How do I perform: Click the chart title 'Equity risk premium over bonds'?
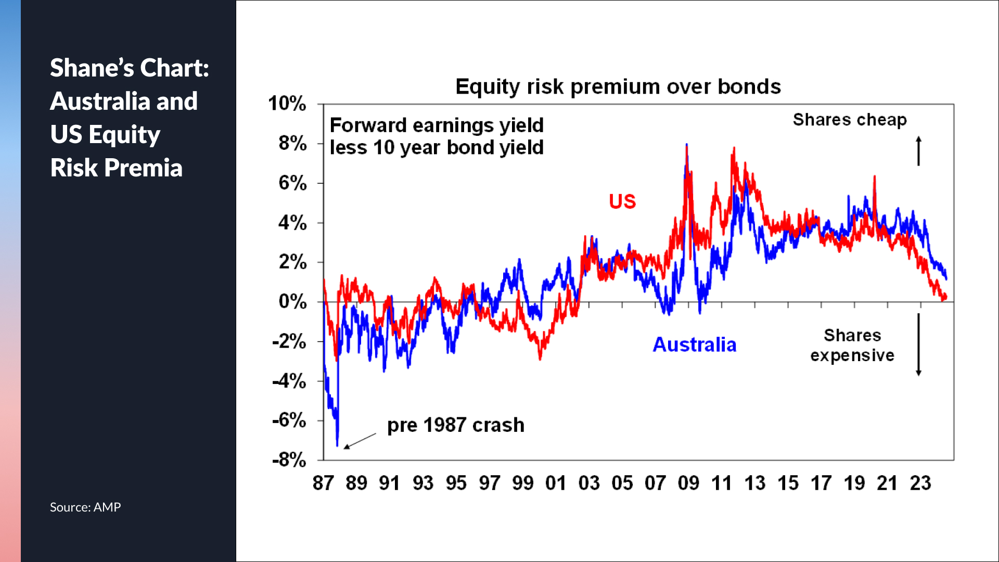618,86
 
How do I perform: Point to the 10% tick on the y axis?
287,104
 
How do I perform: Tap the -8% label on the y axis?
289,460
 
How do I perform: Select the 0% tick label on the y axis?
292,302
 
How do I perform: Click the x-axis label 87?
323,483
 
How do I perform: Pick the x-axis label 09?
688,483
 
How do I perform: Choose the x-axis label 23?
920,483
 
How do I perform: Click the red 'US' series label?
622,201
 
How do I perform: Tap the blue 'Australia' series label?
695,345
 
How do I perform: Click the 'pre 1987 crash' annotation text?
456,425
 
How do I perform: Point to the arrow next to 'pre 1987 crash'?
360,441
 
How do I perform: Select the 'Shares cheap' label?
850,120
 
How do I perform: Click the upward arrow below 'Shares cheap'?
919,151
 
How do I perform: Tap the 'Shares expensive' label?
852,345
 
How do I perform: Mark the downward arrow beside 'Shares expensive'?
919,344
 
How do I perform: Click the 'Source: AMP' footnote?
85,507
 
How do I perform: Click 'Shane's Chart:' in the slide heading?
130,68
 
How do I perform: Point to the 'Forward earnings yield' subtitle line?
437,125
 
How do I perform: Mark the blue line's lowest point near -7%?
337,445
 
